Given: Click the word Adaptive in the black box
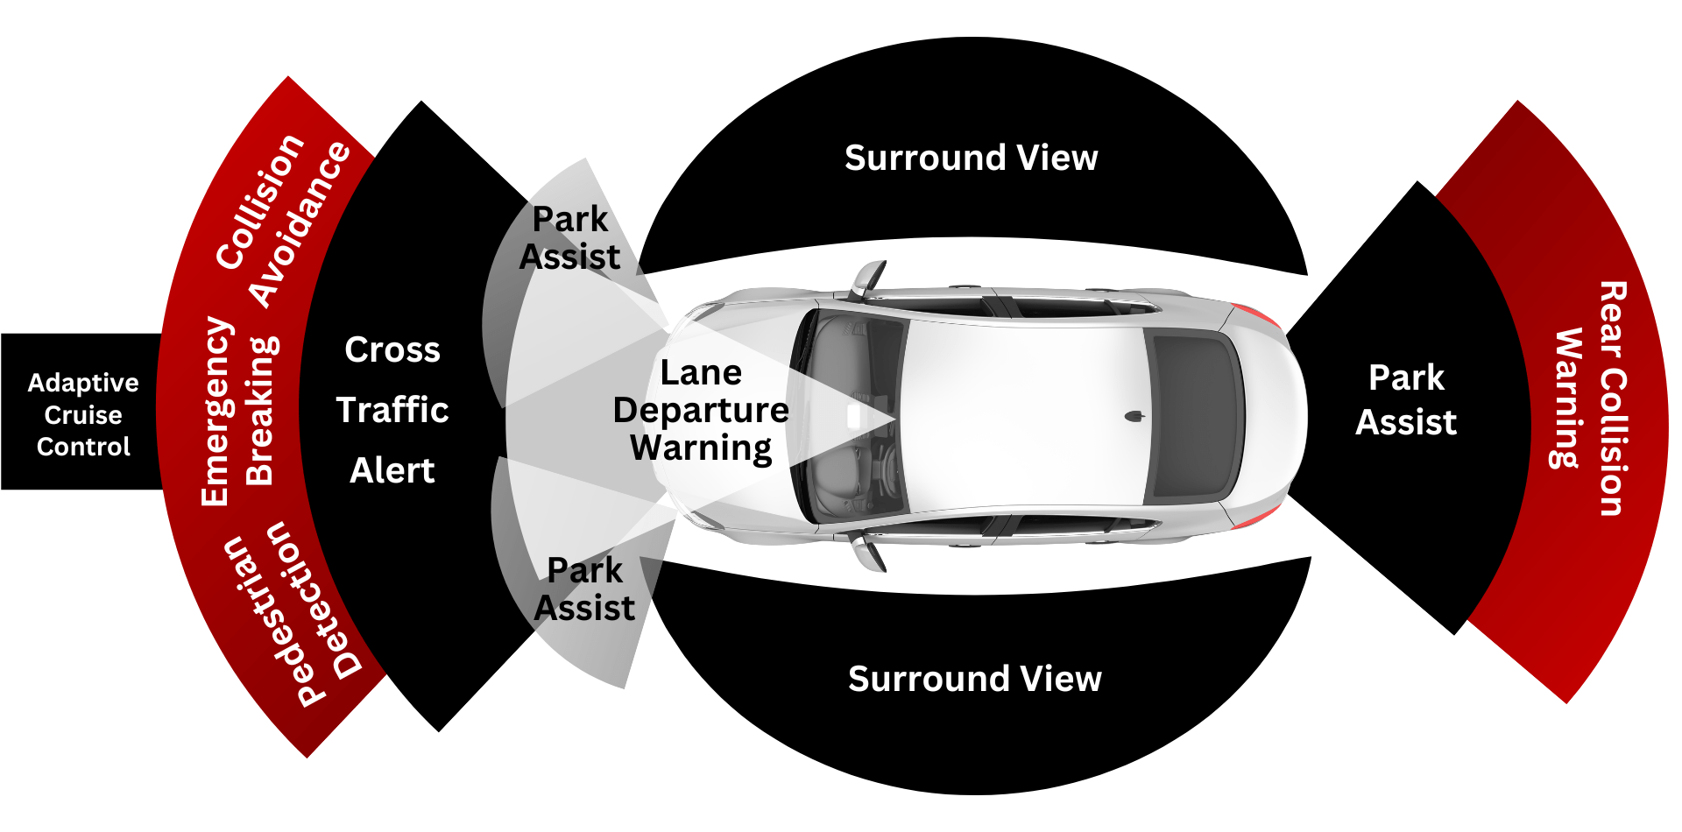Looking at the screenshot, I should [83, 384].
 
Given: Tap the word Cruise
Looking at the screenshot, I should [83, 415].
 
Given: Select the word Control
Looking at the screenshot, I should [83, 447].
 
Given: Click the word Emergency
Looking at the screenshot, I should [216, 412].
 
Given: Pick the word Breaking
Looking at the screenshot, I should [260, 412].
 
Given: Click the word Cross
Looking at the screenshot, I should [392, 350].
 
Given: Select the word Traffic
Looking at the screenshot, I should [392, 410].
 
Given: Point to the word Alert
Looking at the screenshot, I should [392, 471].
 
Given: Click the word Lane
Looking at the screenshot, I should [701, 373].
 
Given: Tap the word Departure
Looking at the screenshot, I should [701, 410].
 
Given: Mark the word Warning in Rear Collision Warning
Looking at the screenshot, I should [1568, 398].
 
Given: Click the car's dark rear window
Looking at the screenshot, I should [1196, 416].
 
